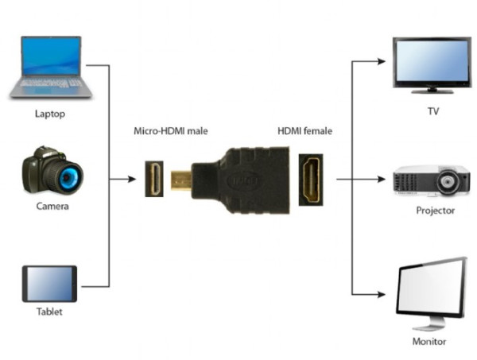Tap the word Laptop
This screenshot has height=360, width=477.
coord(49,113)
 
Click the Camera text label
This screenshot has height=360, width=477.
coord(52,207)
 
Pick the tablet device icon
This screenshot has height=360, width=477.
coord(49,284)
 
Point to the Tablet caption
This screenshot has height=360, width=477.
coord(49,312)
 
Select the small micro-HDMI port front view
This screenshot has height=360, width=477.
coord(153,180)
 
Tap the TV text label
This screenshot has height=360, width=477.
coord(433,111)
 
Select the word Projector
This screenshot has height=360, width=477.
coord(436,211)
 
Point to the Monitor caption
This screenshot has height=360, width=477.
coord(430,342)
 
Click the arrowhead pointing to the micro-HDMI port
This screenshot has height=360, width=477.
coord(136,180)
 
